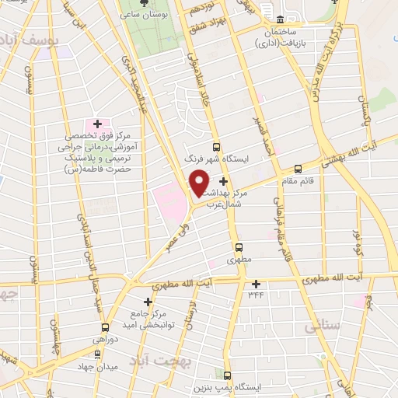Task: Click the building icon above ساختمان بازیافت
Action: [x=281, y=19]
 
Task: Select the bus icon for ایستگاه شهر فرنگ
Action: [x=216, y=148]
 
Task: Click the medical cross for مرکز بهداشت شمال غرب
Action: [x=224, y=180]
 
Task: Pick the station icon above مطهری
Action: [x=241, y=249]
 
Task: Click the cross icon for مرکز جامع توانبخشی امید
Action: [x=148, y=301]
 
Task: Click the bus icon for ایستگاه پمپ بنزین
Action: [x=228, y=375]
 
